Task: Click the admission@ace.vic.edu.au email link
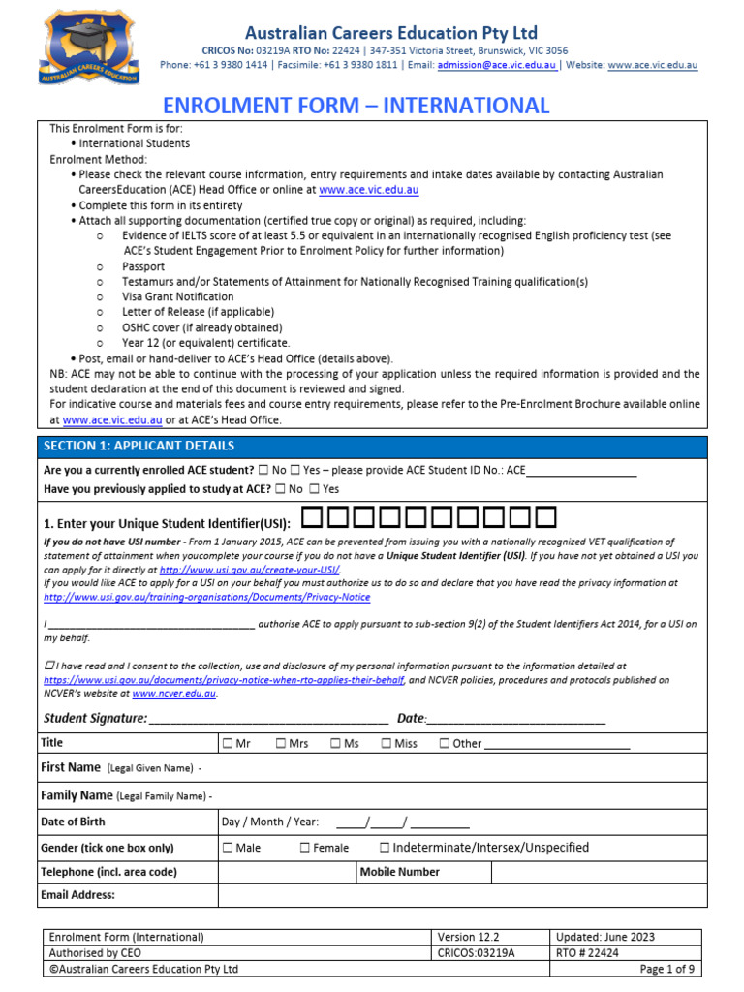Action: pos(496,65)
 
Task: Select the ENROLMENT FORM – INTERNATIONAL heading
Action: pos(356,106)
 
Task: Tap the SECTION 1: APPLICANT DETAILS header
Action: pos(139,446)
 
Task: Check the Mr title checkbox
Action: pos(227,744)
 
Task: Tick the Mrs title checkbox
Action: pos(281,744)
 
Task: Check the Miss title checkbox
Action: pos(387,744)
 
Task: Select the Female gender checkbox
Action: pos(305,848)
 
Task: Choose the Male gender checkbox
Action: pos(227,848)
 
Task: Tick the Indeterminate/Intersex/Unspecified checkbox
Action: pos(386,848)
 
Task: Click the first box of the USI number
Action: pos(311,518)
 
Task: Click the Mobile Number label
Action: pos(400,872)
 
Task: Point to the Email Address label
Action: pos(77,895)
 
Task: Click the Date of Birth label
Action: pos(74,821)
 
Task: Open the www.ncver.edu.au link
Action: pos(174,694)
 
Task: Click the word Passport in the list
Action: pos(143,266)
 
